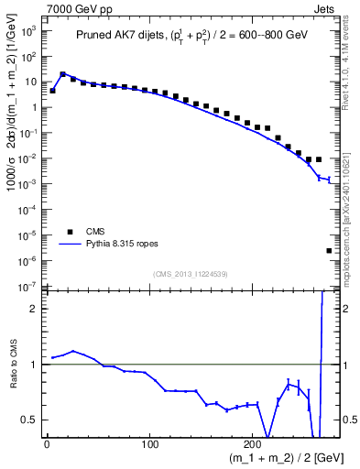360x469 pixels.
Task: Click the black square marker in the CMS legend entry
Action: (x=65, y=232)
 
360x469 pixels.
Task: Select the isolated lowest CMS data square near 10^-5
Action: (x=329, y=250)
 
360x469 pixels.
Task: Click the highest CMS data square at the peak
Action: (x=63, y=75)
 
